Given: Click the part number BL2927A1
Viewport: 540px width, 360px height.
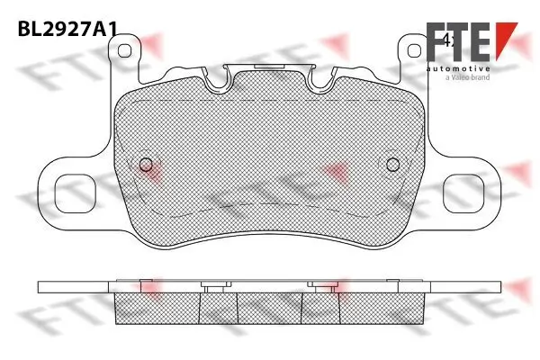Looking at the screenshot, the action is (x=67, y=29).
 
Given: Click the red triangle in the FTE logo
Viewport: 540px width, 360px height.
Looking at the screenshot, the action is (x=505, y=37).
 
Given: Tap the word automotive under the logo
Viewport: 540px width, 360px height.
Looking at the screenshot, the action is (x=458, y=69).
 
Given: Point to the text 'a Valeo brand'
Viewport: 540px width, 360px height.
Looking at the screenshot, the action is (x=467, y=77).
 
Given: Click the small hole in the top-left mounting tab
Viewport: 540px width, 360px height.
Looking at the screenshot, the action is (x=124, y=50).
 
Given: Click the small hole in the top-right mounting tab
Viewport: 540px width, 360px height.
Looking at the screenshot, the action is (x=414, y=50).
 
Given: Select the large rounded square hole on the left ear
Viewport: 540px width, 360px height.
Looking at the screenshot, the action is (x=75, y=193).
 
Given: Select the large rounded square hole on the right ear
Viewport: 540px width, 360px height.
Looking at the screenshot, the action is (x=463, y=193).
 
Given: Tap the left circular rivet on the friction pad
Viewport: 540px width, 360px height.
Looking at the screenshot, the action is (x=146, y=165).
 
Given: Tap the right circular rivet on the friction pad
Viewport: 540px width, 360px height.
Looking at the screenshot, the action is (x=393, y=165).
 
